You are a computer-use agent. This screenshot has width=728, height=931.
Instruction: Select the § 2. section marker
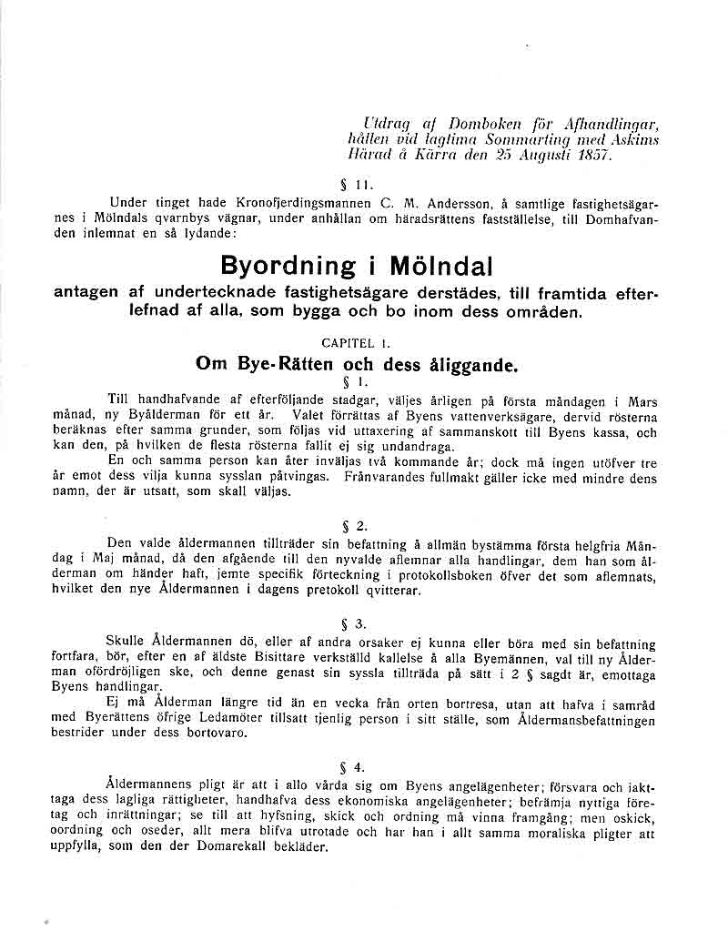coord(354,525)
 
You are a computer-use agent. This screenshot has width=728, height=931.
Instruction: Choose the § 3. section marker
coord(354,623)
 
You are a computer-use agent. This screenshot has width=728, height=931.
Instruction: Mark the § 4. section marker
coord(354,766)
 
